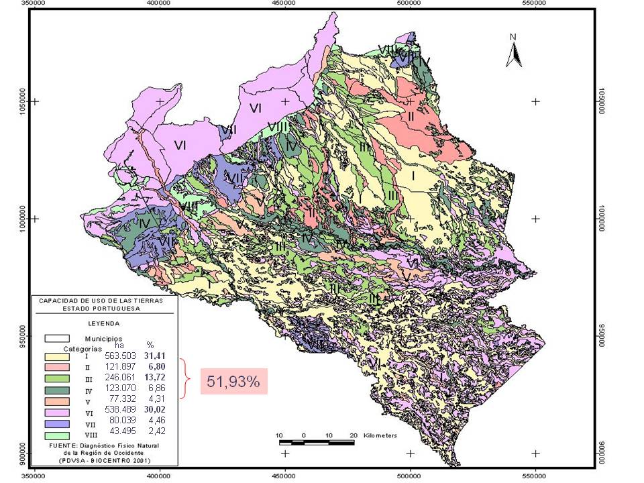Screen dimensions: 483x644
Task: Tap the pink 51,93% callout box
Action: (x=233, y=382)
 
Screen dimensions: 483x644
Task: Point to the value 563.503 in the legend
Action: (x=119, y=356)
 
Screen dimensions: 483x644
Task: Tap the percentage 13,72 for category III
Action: (x=154, y=378)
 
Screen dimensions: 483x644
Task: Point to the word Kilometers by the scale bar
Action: (x=380, y=435)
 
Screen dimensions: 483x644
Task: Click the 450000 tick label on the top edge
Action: (x=284, y=3)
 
